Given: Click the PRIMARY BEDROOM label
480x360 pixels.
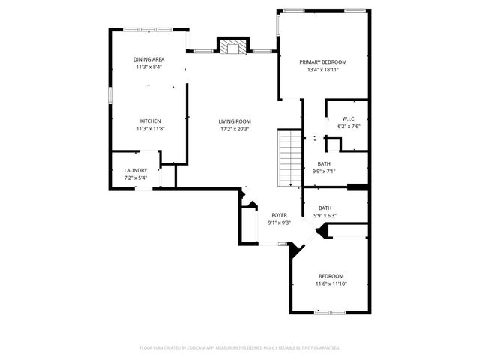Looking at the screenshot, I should [322, 62].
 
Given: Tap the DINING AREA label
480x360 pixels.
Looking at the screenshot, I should [148, 59].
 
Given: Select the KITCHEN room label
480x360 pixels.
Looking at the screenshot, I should [150, 121].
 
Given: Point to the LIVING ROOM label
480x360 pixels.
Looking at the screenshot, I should [235, 121].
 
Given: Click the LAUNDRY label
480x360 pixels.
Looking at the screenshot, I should [135, 170].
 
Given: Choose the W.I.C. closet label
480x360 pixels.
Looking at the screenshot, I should [348, 118].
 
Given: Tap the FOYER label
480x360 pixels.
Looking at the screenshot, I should [280, 215].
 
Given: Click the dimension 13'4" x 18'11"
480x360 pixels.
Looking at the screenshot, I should [322, 70].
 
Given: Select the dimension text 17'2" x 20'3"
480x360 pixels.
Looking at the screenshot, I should [235, 129].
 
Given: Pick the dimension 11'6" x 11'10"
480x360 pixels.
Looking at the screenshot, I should [331, 283].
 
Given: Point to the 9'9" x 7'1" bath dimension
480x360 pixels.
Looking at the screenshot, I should [324, 171].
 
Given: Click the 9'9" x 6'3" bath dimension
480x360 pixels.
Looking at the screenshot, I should [325, 216].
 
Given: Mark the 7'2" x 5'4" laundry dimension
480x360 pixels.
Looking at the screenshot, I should [135, 178].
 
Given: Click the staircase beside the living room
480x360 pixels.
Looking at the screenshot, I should [289, 157].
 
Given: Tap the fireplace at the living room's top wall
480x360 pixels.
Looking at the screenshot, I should [232, 46].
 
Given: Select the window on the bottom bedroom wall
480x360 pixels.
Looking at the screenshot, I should [331, 311].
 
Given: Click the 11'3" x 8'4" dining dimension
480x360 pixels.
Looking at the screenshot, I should [148, 67].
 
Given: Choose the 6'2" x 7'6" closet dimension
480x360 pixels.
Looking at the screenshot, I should [348, 126].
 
